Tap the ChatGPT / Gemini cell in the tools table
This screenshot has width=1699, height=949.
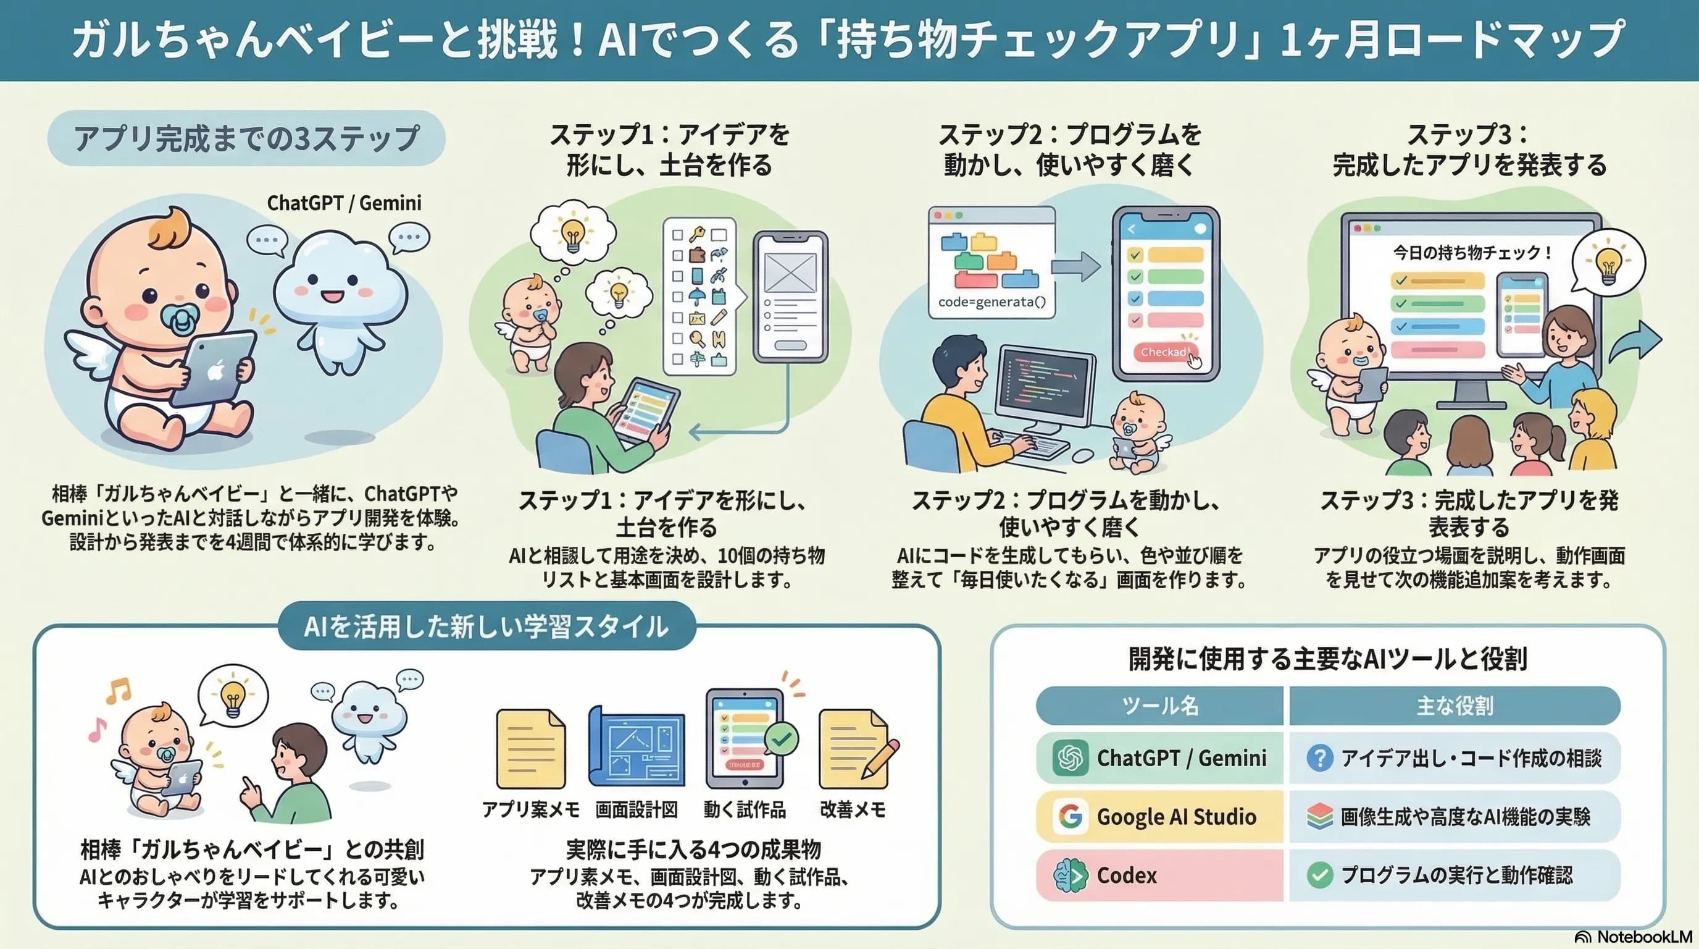[x=1160, y=757]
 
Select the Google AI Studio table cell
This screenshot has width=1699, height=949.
[x=1160, y=816]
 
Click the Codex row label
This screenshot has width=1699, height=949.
[x=1126, y=875]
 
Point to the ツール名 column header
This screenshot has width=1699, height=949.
[x=1160, y=706]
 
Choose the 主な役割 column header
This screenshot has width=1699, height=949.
[x=1455, y=706]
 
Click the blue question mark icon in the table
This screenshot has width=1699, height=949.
[x=1319, y=757]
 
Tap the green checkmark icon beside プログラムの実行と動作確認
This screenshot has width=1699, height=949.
[x=1319, y=875]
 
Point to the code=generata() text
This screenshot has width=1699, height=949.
[x=992, y=302]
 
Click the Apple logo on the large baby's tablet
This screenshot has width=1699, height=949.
[x=214, y=370]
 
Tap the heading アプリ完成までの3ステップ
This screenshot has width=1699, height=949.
[x=246, y=138]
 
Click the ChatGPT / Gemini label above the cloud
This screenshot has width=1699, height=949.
[x=344, y=203]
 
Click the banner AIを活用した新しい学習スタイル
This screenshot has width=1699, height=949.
[x=486, y=626]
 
